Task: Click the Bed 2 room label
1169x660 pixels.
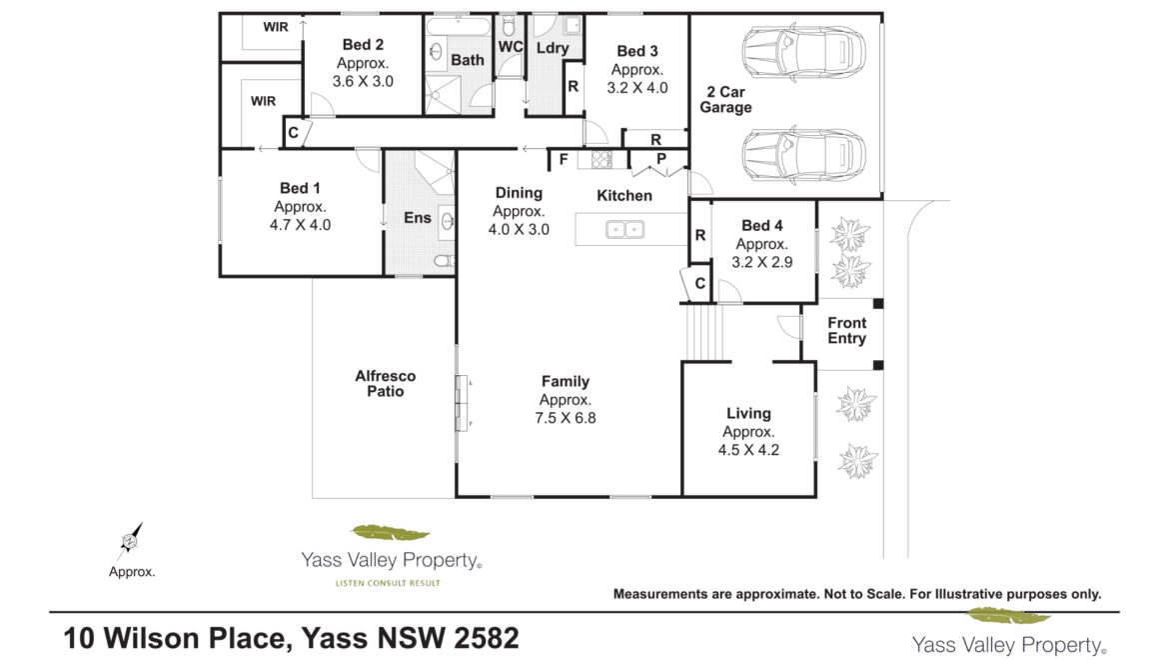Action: click(363, 45)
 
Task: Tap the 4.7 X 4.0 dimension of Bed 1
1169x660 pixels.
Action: click(300, 224)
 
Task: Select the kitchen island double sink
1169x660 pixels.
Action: click(624, 230)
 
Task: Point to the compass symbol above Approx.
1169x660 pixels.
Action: click(130, 541)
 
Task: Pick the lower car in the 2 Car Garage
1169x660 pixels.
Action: click(803, 156)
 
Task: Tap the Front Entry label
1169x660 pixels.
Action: click(847, 330)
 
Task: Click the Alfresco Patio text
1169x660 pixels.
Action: click(386, 383)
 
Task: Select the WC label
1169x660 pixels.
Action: click(511, 47)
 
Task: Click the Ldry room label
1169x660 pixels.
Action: click(553, 48)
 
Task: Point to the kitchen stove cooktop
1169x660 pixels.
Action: click(600, 159)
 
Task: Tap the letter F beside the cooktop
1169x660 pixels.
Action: click(564, 159)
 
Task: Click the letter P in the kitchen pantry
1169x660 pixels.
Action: click(661, 159)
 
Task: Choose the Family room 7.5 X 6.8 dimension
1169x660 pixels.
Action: click(566, 418)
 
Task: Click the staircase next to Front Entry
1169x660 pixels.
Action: click(703, 332)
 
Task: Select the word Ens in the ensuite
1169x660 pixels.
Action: click(418, 218)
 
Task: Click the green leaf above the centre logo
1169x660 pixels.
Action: click(390, 532)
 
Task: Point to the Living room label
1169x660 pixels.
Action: click(748, 413)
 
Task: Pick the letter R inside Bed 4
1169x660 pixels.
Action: click(700, 235)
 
